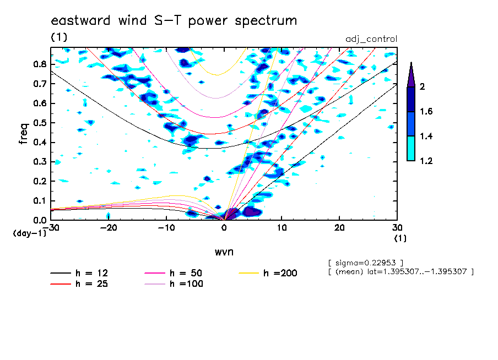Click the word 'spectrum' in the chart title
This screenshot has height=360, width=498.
[x=266, y=21]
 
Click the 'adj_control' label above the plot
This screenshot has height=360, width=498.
[x=371, y=39]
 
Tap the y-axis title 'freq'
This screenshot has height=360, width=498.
[x=23, y=134]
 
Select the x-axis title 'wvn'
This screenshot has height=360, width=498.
[x=224, y=252]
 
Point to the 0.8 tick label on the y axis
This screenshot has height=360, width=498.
[x=40, y=64]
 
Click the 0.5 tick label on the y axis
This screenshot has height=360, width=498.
[x=40, y=123]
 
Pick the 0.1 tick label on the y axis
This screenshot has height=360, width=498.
[x=40, y=201]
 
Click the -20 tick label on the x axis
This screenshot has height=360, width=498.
[x=109, y=228]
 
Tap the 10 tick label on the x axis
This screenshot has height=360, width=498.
[x=282, y=228]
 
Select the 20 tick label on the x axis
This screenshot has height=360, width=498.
[x=339, y=228]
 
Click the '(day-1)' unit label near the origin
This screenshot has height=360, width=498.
[x=29, y=233]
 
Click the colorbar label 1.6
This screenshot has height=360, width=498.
[x=426, y=111]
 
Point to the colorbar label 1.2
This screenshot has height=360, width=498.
[x=426, y=161]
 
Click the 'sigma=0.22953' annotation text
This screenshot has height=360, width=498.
[x=366, y=263]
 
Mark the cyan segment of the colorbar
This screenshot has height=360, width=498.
[x=411, y=149]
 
